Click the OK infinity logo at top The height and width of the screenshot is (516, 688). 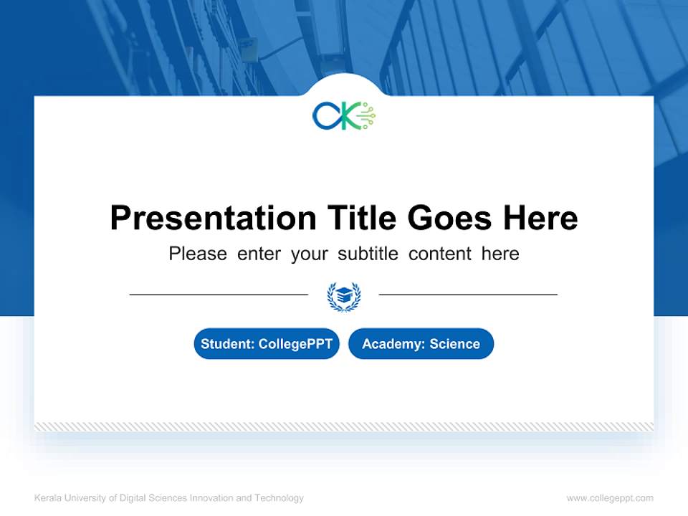343,115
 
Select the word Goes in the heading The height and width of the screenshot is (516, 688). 449,217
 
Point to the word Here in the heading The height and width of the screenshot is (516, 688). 539,217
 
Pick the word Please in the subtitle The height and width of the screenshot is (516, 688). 198,254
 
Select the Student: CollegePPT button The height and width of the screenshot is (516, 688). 267,344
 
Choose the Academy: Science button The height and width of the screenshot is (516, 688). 421,344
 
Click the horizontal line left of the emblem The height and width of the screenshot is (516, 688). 219,294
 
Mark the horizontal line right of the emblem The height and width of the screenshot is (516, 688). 468,294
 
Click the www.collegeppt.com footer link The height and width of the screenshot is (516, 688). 610,498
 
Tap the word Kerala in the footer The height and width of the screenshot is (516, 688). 47,498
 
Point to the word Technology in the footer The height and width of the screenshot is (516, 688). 279,498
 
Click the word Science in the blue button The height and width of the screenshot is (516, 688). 454,344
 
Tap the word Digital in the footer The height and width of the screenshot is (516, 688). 135,498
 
